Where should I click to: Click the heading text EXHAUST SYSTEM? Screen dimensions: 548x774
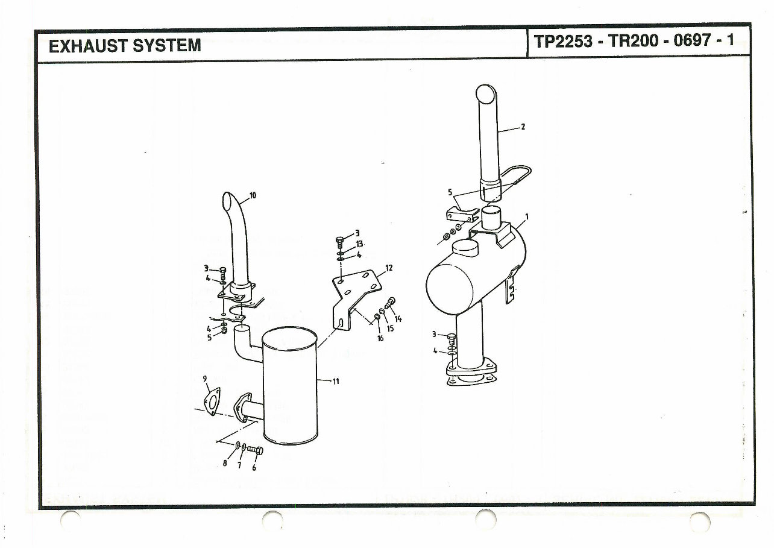coord(124,45)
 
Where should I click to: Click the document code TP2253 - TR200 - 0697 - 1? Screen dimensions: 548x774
coord(634,42)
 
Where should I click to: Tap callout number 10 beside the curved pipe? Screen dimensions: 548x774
coord(253,195)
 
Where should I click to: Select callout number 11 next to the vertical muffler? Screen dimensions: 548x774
coord(335,381)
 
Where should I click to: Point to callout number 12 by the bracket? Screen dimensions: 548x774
coord(389,268)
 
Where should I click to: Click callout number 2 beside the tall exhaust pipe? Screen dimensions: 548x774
coord(523,127)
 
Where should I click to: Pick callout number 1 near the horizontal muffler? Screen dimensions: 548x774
coord(527,217)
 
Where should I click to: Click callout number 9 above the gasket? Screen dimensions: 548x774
coord(206,379)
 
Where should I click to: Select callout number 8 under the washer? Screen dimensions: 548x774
coord(225,464)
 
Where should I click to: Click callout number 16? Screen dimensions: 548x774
coord(380,339)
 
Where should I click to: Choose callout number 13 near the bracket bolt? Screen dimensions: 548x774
coord(359,244)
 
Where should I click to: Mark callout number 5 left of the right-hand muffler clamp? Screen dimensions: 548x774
coord(450,192)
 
